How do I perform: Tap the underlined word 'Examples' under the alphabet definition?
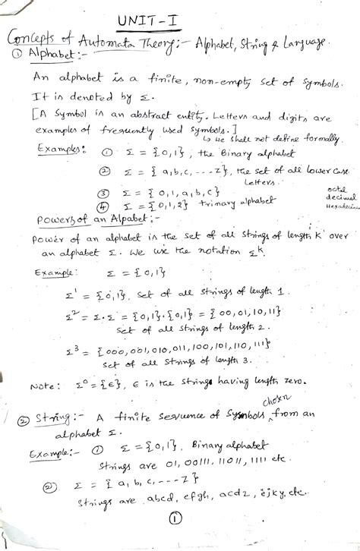58,149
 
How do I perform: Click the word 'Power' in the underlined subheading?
53,221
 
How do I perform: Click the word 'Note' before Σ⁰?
42,386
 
